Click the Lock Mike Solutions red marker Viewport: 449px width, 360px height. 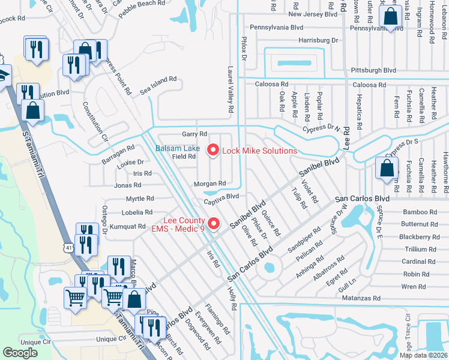tap(212, 150)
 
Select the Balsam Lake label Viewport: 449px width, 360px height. tap(178, 148)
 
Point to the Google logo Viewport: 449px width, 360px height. tap(20, 352)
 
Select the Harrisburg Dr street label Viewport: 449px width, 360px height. tap(318, 40)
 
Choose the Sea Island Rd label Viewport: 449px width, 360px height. tap(158, 79)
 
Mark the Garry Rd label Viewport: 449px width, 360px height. tap(194, 134)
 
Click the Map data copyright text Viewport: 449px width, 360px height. tap(423, 355)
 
